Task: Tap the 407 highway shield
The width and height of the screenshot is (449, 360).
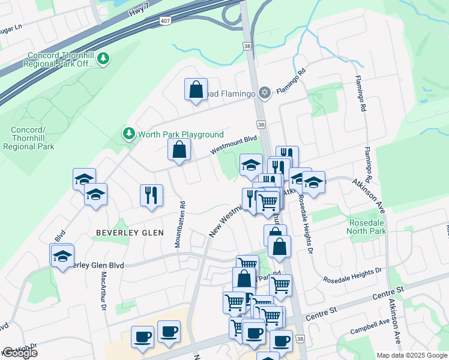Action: [165, 21]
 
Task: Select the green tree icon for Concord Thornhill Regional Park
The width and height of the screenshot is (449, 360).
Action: [104, 58]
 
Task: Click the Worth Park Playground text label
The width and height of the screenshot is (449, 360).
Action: [181, 134]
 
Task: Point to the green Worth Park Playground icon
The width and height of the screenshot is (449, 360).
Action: [128, 133]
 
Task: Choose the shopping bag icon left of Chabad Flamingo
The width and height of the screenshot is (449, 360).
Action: [196, 90]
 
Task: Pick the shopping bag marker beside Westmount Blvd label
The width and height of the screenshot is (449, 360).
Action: [179, 150]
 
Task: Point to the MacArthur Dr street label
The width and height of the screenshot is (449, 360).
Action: [103, 290]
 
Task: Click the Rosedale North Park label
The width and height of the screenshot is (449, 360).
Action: [367, 226]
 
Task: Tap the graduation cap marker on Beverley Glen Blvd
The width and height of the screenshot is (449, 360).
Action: [62, 256]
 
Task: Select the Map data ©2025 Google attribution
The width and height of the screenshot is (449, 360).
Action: [412, 355]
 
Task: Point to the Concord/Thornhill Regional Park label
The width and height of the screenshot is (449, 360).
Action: [32, 138]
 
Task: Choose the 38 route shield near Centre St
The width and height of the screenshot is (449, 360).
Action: [300, 339]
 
